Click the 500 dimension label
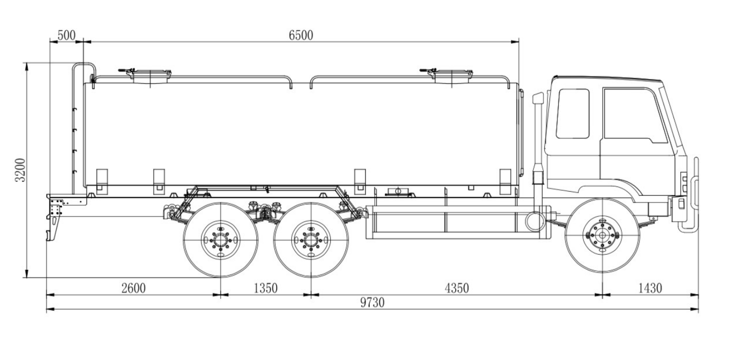pos(66,35)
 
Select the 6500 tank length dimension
pos(301,35)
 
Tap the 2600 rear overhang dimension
pos(133,288)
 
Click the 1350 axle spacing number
pos(266,288)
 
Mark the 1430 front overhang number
pos(649,288)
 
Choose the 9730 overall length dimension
pos(372,303)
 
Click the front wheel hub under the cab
pos(603,235)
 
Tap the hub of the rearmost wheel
pos(220,239)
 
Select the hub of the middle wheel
pos(311,239)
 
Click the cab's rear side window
pos(572,113)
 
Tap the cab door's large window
pos(633,115)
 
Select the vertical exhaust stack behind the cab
pos(538,146)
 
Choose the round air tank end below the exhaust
pos(534,220)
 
